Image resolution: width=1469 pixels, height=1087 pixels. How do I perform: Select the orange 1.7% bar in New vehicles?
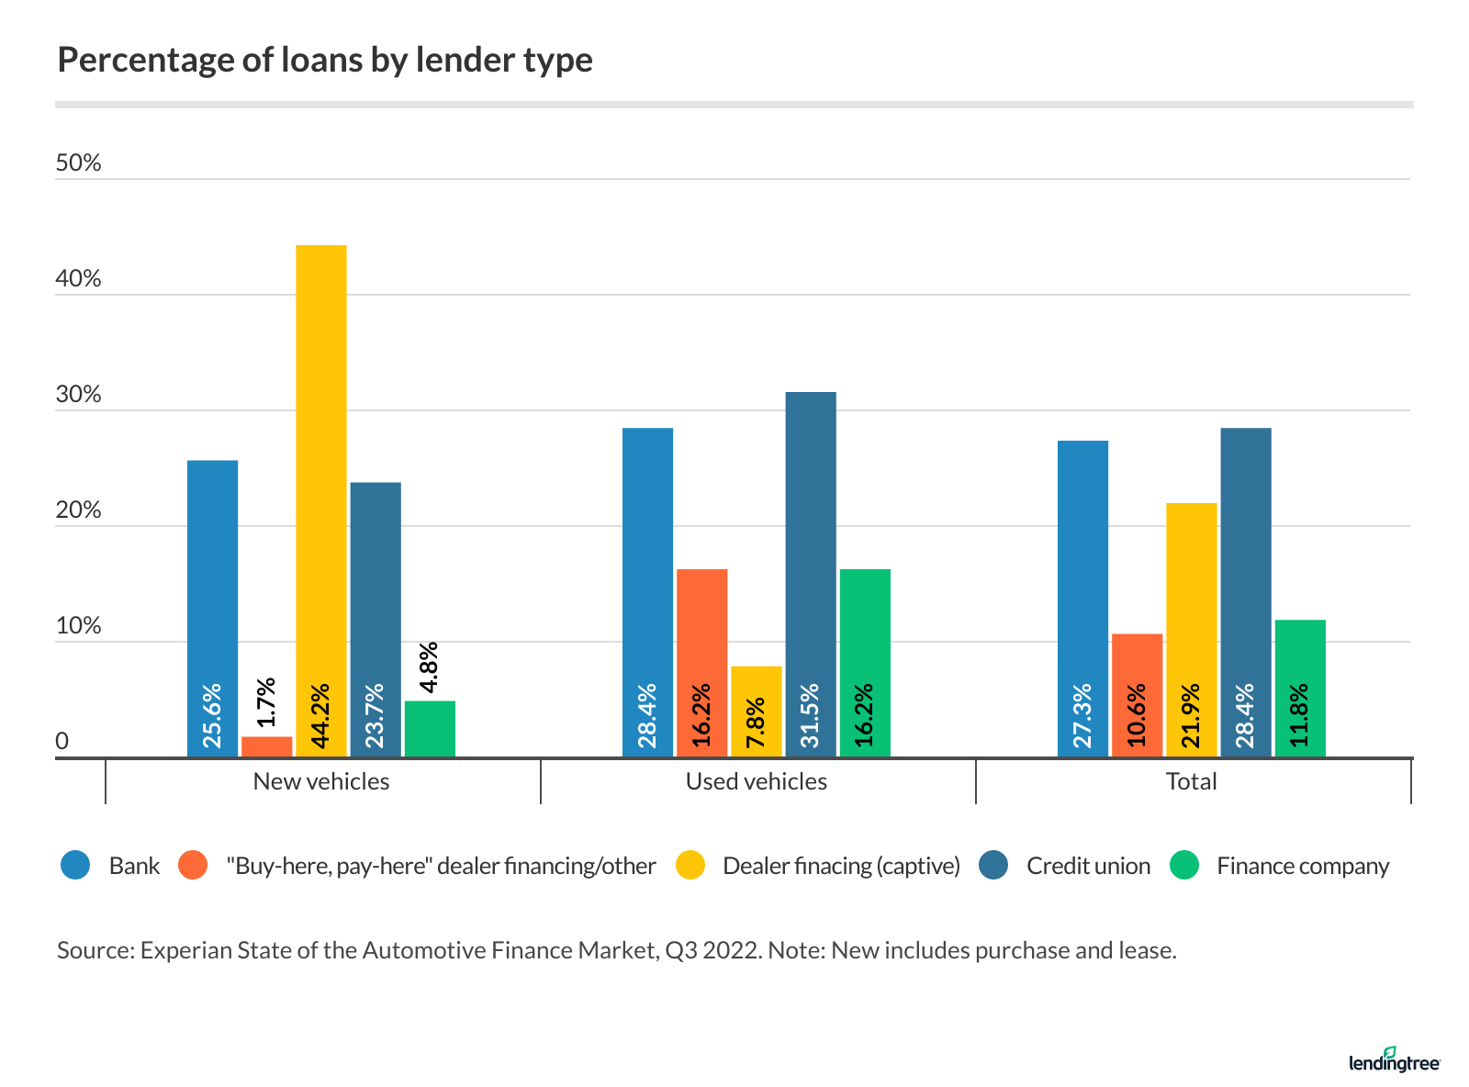pyautogui.click(x=267, y=747)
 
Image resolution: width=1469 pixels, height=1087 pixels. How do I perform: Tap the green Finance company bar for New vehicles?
pyautogui.click(x=430, y=730)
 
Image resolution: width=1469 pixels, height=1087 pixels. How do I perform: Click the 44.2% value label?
pyautogui.click(x=321, y=716)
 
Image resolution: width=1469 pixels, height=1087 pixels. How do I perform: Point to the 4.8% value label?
pyautogui.click(x=429, y=667)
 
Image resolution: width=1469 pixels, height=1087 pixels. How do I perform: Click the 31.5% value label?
pyautogui.click(x=811, y=716)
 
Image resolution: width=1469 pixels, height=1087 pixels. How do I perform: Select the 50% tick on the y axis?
pyautogui.click(x=79, y=163)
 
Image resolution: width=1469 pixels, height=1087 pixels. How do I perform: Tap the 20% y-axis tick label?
pyautogui.click(x=79, y=510)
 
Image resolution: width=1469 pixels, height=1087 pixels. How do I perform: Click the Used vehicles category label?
pyautogui.click(x=757, y=781)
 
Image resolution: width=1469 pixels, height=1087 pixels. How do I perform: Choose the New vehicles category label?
pyautogui.click(x=321, y=781)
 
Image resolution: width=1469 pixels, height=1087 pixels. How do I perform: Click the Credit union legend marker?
pyautogui.click(x=993, y=866)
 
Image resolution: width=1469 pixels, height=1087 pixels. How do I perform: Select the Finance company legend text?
pyautogui.click(x=1303, y=866)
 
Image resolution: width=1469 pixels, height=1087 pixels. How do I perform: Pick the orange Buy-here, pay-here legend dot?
pyautogui.click(x=194, y=866)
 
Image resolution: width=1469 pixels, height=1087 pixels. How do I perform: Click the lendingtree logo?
pyautogui.click(x=1395, y=1060)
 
